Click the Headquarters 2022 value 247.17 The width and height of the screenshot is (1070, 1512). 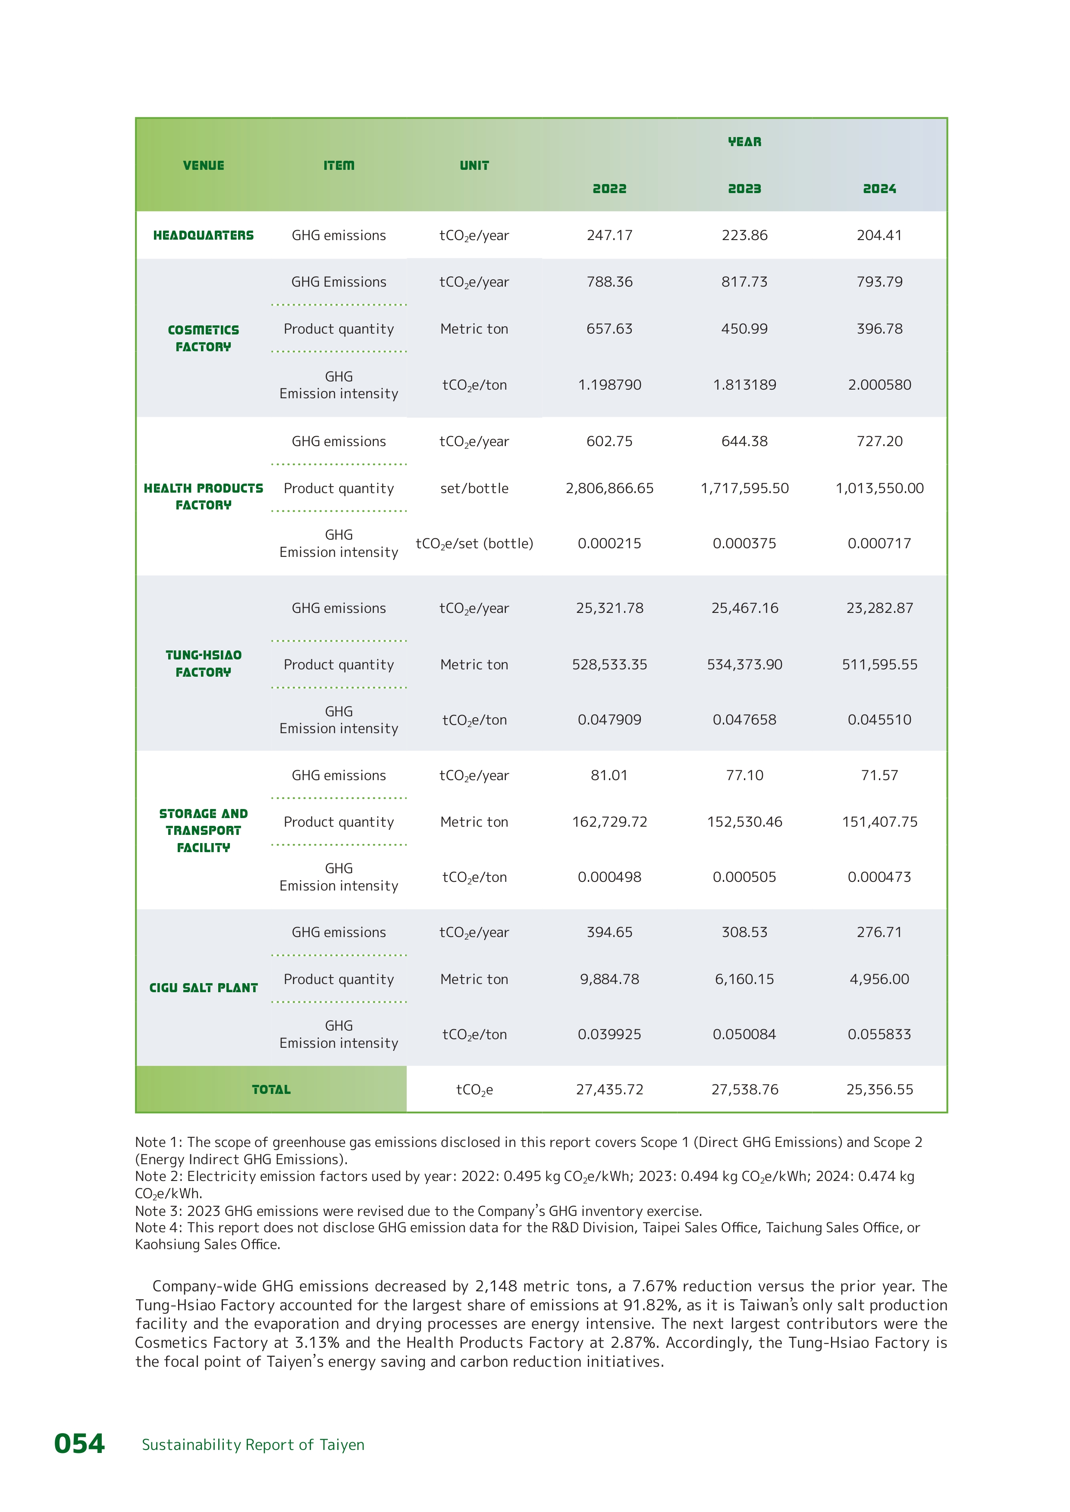(x=609, y=235)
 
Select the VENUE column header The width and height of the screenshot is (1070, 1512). (x=203, y=165)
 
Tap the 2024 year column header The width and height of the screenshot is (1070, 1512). (x=879, y=189)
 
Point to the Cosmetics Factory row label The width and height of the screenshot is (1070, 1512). (x=203, y=338)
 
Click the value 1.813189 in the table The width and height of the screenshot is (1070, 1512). (x=744, y=384)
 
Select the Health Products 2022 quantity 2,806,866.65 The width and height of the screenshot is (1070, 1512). (x=609, y=488)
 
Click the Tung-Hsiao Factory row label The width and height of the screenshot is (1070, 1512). (x=203, y=663)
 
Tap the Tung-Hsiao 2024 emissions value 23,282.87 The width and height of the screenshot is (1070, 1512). (x=879, y=608)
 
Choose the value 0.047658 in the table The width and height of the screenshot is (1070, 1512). (x=744, y=720)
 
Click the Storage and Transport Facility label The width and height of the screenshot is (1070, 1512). (x=203, y=831)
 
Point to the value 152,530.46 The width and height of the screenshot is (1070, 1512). (x=744, y=822)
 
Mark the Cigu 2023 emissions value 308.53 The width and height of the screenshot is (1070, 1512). (x=744, y=932)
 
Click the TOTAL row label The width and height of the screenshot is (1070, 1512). (x=271, y=1089)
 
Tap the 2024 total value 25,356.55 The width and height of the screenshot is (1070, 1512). (x=879, y=1089)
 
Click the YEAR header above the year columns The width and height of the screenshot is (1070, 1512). (x=744, y=141)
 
